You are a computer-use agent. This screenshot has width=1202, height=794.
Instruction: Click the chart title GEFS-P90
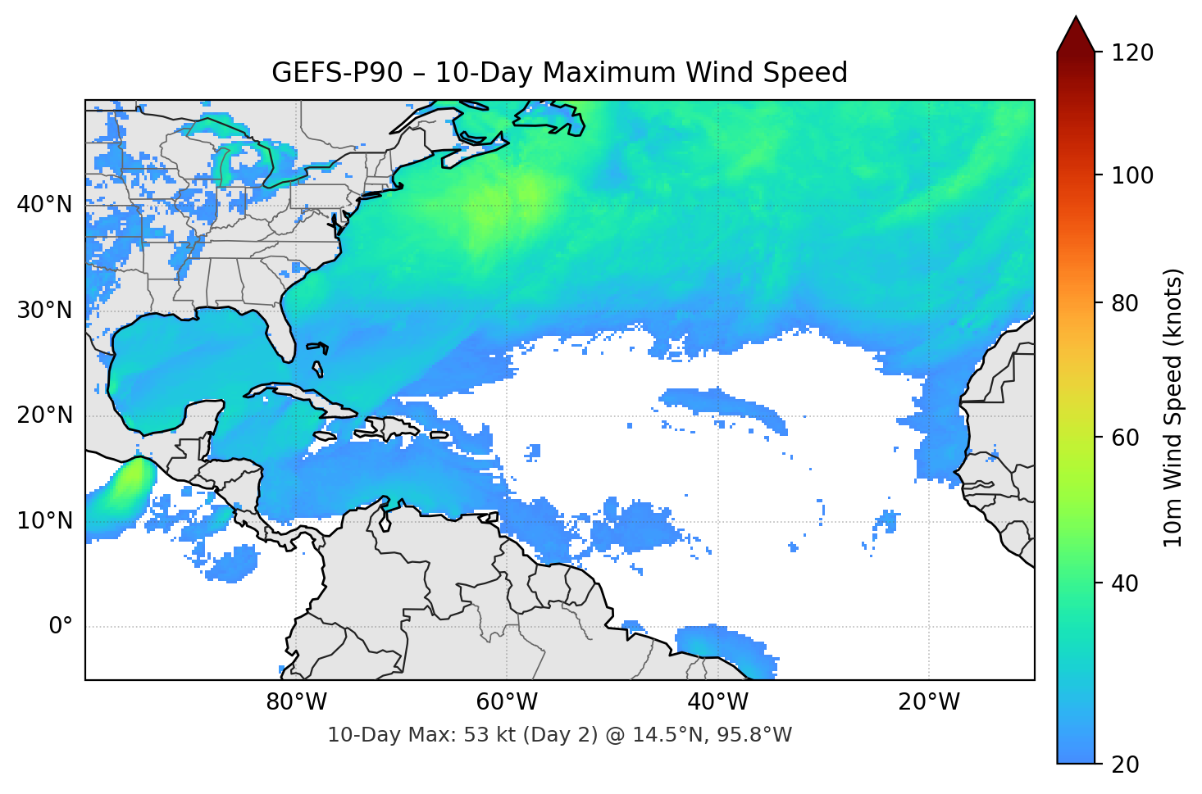click(559, 73)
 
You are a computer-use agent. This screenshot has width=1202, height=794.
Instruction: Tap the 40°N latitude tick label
click(44, 205)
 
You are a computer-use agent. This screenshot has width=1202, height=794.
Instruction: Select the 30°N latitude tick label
click(44, 311)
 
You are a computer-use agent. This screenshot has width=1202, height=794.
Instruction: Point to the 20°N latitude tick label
click(44, 415)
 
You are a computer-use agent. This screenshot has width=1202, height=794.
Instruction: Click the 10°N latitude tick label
click(44, 521)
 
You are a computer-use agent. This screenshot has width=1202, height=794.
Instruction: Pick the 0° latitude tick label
click(61, 627)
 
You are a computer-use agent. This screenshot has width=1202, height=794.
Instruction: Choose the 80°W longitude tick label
click(296, 702)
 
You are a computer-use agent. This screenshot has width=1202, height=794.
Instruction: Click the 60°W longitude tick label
click(507, 702)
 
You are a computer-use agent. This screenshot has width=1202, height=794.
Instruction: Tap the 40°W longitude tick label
click(717, 702)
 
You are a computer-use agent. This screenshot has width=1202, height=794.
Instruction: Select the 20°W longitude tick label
click(928, 702)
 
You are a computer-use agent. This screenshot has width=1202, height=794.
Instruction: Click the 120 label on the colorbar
click(1132, 53)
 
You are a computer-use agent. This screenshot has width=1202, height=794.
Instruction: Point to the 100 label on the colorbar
click(1132, 175)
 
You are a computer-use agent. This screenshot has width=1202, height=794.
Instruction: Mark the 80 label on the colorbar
click(1125, 303)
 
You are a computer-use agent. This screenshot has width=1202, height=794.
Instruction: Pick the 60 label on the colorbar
click(1125, 438)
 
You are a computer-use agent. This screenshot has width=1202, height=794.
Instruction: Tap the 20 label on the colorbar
click(1125, 765)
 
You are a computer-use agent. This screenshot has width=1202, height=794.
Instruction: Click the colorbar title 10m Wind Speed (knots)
click(1173, 407)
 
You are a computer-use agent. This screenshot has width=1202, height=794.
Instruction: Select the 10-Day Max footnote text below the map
click(559, 735)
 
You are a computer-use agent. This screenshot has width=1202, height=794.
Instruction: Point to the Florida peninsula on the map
click(281, 336)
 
